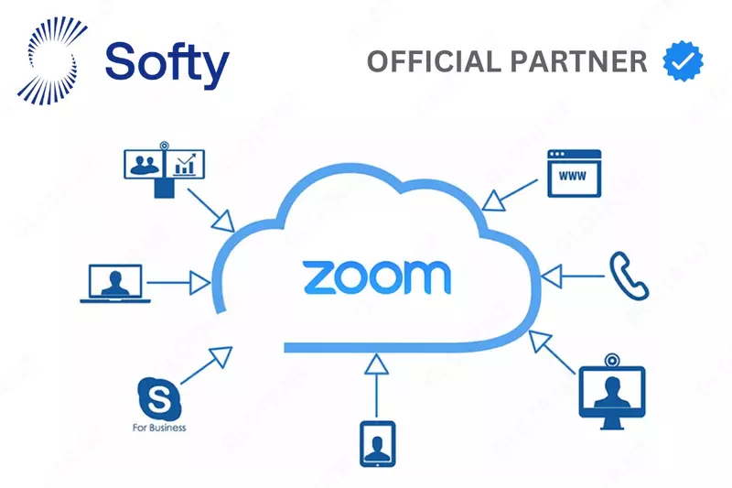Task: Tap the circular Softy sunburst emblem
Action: pos(59,61)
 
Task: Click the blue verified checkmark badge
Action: pos(684,61)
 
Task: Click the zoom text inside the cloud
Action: pos(376,277)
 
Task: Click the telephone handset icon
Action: pos(629,275)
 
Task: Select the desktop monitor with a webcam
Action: pos(612,391)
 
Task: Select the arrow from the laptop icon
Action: pos(179,282)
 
